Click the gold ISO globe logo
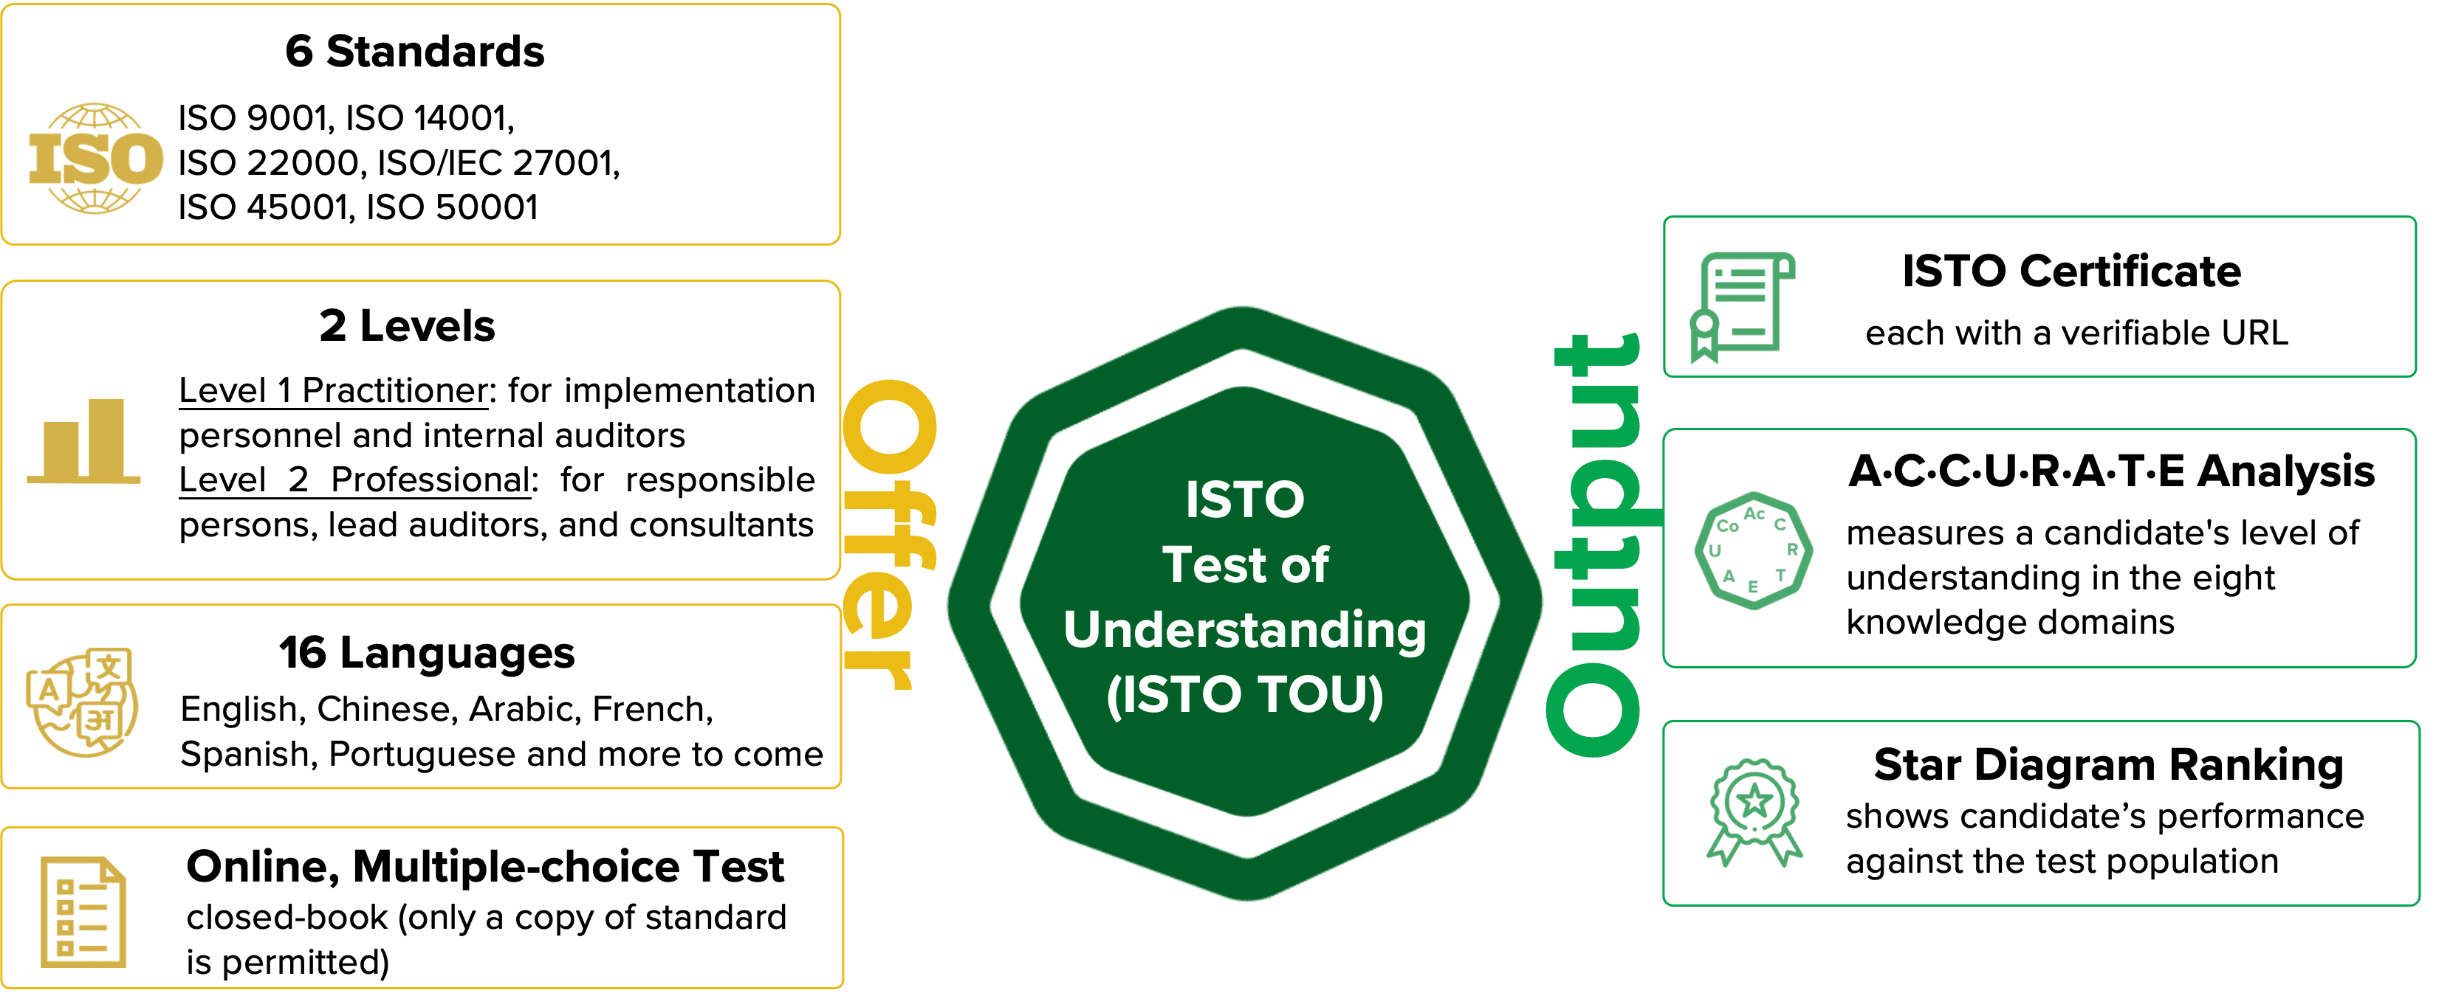pos(95,158)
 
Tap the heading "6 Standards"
pos(414,52)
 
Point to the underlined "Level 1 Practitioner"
pos(333,391)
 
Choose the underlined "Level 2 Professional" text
pos(354,480)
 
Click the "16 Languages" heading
pos(427,653)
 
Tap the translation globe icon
pos(82,702)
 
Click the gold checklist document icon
pos(83,912)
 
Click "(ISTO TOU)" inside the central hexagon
pos(1245,695)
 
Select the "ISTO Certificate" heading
pos(2071,272)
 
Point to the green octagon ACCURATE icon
pos(1753,550)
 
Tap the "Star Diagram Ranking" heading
pos(2108,765)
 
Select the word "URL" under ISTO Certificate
pos(2254,333)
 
